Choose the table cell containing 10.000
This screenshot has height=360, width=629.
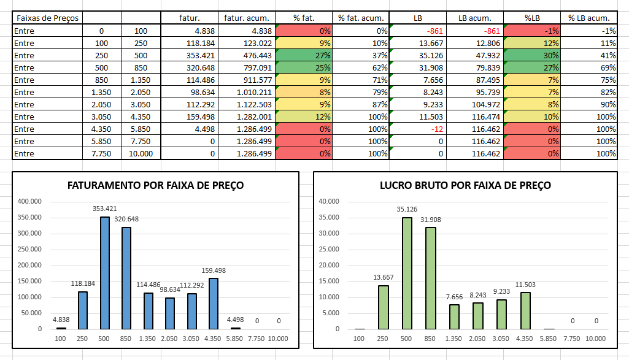pyautogui.click(x=141, y=153)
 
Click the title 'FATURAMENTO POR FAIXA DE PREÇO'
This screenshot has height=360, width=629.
pyautogui.click(x=155, y=185)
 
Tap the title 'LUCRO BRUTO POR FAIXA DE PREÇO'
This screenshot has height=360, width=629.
pyautogui.click(x=465, y=185)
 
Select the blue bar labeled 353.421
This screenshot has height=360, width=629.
pyautogui.click(x=105, y=273)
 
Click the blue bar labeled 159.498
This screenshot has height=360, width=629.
pyautogui.click(x=214, y=304)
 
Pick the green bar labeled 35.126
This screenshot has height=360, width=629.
pyautogui.click(x=406, y=273)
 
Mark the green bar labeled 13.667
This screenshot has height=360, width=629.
pyautogui.click(x=384, y=307)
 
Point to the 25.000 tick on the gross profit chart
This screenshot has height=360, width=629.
pyautogui.click(x=330, y=250)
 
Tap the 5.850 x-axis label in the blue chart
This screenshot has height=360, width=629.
pyautogui.click(x=236, y=339)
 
